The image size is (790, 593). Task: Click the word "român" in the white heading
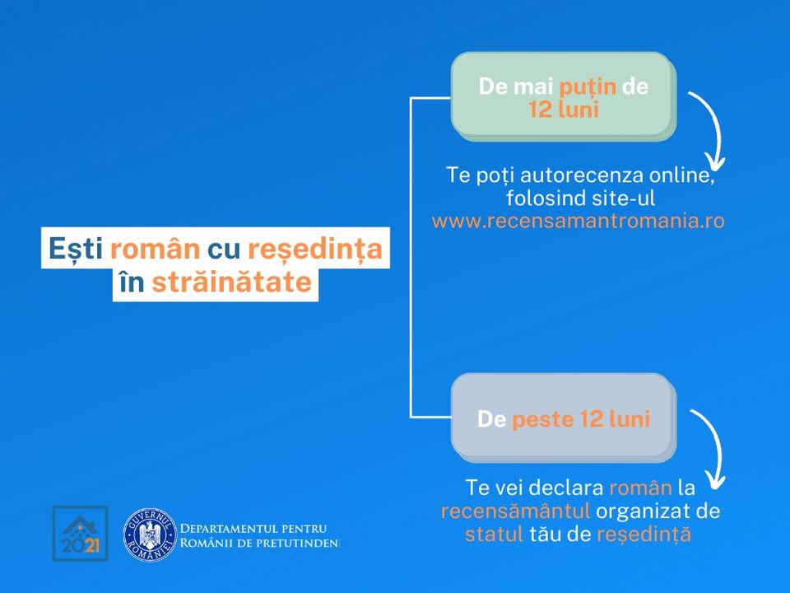click(x=156, y=249)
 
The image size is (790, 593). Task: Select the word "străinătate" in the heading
click(x=232, y=282)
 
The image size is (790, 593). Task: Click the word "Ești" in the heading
click(x=76, y=250)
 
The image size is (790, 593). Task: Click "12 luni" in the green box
click(x=564, y=110)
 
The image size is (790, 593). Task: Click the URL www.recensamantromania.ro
click(x=578, y=221)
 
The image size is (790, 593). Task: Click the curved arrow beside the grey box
click(x=711, y=448)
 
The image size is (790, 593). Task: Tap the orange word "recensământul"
click(x=515, y=511)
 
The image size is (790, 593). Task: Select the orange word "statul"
click(x=494, y=535)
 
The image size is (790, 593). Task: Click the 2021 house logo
click(x=80, y=534)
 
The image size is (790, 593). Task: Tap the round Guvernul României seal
click(x=150, y=535)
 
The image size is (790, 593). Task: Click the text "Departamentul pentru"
click(x=253, y=529)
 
